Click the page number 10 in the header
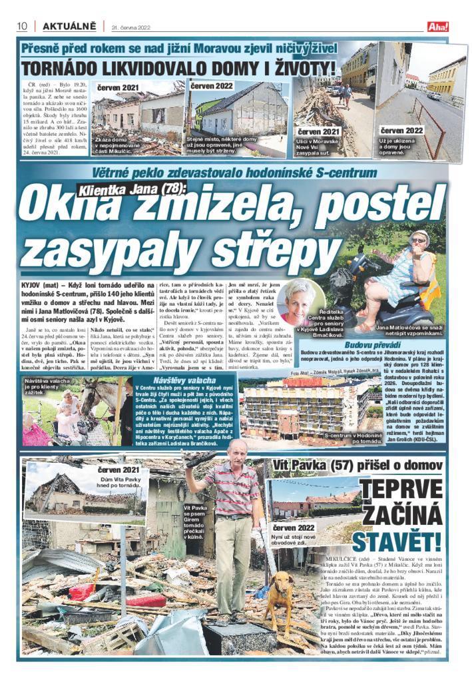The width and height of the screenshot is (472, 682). pos(22,26)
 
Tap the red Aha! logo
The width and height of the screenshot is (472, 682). pos(439,27)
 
